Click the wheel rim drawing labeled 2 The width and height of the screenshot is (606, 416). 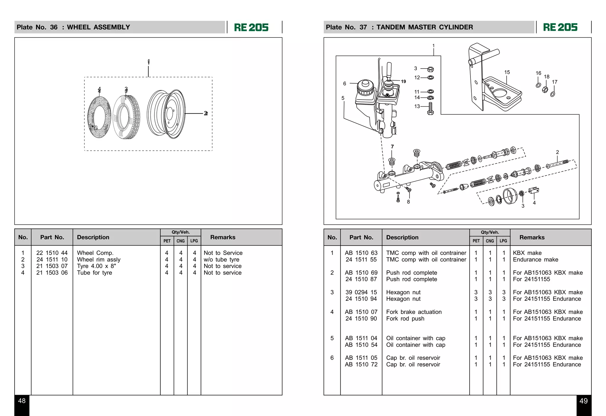click(166, 114)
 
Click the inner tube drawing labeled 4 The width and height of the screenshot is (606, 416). click(99, 117)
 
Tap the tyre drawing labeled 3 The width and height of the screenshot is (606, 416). click(127, 117)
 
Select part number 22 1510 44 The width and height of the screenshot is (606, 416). click(52, 253)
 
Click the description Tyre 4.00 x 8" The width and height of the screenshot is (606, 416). click(96, 266)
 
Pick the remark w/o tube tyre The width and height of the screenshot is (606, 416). click(221, 259)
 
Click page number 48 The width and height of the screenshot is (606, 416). click(22, 401)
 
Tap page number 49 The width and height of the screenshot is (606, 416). click(584, 401)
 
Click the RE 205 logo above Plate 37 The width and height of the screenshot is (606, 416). click(560, 27)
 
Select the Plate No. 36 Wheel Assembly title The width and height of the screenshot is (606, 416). click(73, 27)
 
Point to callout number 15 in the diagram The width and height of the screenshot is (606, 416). click(507, 72)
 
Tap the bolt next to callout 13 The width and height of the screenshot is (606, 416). click(431, 108)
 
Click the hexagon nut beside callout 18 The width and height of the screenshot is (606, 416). click(545, 89)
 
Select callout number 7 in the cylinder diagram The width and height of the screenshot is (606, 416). click(392, 147)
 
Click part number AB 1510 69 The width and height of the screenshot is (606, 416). click(361, 273)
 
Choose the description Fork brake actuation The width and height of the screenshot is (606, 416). click(414, 312)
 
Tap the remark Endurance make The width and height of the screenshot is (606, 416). click(535, 259)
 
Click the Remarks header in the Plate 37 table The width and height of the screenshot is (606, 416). click(532, 237)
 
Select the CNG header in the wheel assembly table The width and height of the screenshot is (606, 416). click(180, 241)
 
